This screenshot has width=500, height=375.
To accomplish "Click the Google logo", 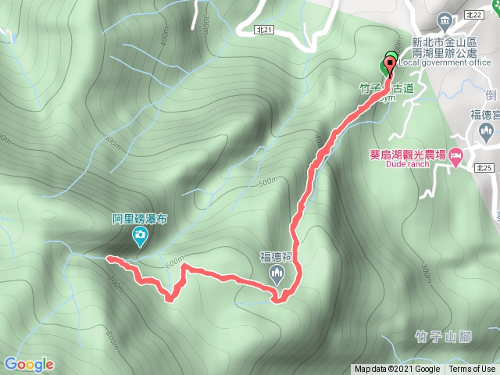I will [29, 364].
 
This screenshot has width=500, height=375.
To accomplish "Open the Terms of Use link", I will [472, 370].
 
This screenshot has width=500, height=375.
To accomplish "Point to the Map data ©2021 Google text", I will [396, 370].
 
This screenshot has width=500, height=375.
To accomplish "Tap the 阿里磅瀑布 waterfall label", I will [139, 220].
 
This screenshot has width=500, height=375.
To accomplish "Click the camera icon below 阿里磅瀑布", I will [140, 236].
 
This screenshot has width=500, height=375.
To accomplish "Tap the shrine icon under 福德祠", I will [276, 272].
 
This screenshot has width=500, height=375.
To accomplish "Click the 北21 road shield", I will [264, 29].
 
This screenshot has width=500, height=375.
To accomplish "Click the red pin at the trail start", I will [388, 66].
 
